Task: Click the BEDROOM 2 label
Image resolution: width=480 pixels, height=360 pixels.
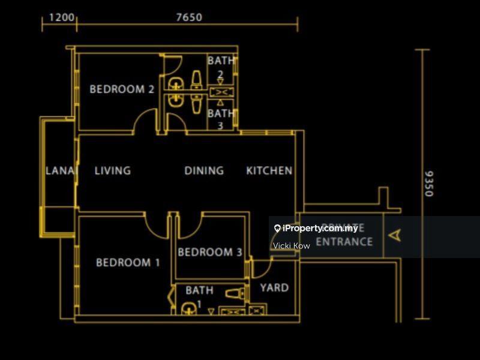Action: [122, 89]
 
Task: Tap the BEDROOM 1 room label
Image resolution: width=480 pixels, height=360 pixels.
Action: [128, 262]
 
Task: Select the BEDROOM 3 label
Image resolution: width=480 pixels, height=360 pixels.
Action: [209, 252]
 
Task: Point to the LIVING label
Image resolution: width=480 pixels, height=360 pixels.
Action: [112, 170]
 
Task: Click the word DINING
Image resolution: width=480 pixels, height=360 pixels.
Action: [204, 170]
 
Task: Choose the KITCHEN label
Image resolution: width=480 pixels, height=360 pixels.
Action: [269, 170]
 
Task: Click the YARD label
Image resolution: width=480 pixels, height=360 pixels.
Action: [274, 287]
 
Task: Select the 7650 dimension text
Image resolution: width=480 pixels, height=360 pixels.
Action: [189, 17]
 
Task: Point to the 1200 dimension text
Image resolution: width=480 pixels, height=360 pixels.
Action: [62, 17]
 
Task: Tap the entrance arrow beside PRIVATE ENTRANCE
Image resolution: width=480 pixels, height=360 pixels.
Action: [394, 235]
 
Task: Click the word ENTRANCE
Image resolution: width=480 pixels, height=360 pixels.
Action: [344, 242]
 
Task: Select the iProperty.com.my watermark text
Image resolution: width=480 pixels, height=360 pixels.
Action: [320, 228]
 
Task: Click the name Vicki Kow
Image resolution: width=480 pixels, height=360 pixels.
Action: [291, 246]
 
